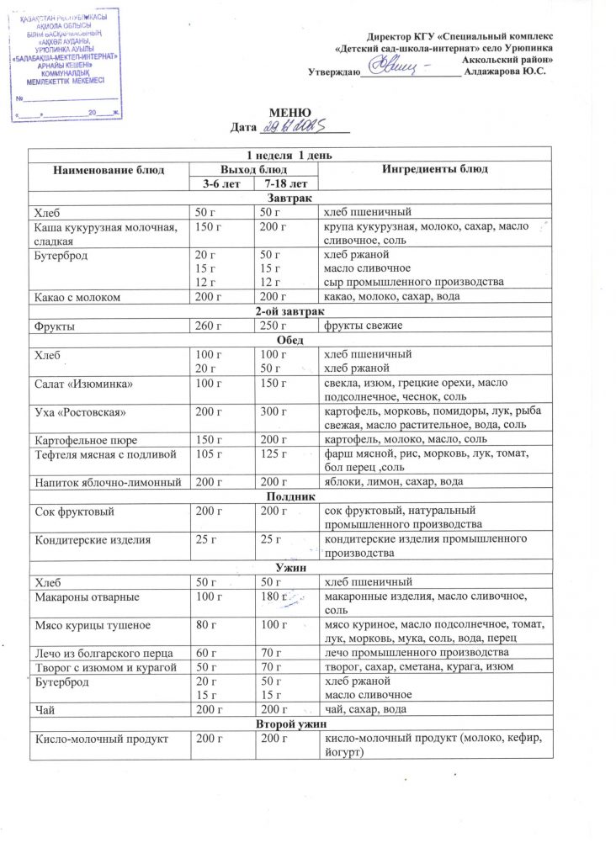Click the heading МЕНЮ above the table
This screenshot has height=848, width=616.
289,113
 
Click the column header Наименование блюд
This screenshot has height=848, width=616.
106,169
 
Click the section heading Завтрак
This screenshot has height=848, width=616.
289,198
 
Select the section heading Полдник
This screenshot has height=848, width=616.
289,496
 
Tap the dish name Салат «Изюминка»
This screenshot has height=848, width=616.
83,384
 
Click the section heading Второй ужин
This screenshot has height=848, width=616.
289,723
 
